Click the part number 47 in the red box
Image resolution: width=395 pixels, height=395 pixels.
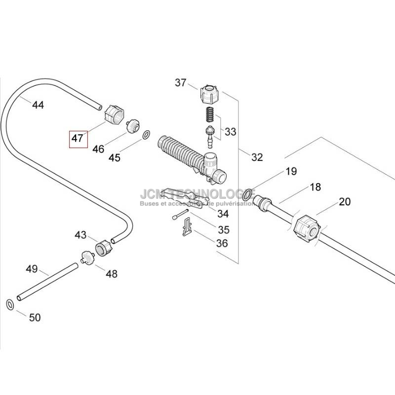78,138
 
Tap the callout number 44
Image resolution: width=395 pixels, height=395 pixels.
38,105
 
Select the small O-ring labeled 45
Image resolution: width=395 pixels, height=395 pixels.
147,135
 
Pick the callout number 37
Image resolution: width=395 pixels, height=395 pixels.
181,82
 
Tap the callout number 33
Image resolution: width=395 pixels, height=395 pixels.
230,132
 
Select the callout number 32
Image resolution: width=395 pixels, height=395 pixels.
257,157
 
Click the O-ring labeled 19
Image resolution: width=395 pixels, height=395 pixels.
249,191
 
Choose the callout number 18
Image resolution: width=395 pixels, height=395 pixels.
315,187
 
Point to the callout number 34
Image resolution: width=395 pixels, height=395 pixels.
223,214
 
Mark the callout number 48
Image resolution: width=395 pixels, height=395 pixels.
112,273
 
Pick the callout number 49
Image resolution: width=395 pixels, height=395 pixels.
32,269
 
